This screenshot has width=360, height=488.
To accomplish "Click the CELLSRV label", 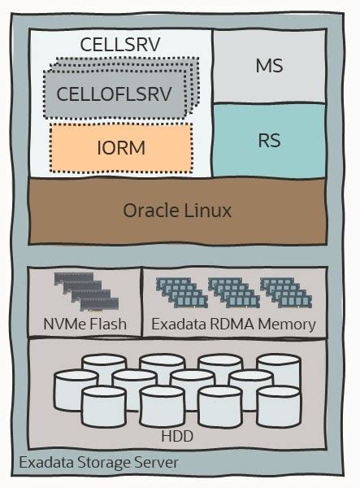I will pyautogui.click(x=120, y=45).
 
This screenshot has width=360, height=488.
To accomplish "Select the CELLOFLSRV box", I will pyautogui.click(x=114, y=94).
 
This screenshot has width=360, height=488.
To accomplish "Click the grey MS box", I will pyautogui.click(x=269, y=66).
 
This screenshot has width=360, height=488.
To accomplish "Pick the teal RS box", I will pyautogui.click(x=269, y=140).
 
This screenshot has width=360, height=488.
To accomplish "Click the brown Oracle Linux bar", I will pyautogui.click(x=177, y=211).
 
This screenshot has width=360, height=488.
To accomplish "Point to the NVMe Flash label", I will pyautogui.click(x=85, y=325).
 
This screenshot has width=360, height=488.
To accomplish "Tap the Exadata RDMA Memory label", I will pyautogui.click(x=234, y=325).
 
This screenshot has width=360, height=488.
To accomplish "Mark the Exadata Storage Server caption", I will pyautogui.click(x=98, y=464).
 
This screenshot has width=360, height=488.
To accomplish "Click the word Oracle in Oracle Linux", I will pyautogui.click(x=152, y=211).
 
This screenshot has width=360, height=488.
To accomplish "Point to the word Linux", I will pyautogui.click(x=207, y=211).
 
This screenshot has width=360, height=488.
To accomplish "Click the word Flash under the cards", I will pyautogui.click(x=109, y=325).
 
